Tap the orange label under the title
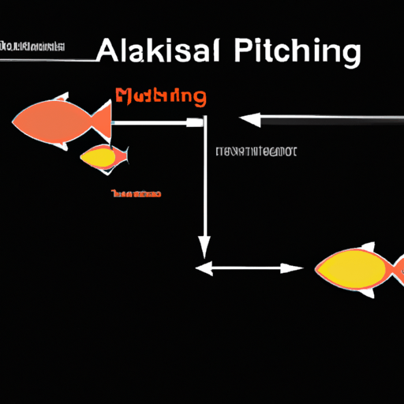pyautogui.click(x=160, y=98)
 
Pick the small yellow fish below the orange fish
pyautogui.click(x=102, y=156)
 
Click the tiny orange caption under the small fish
pyautogui.click(x=136, y=193)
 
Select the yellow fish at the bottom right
pyautogui.click(x=351, y=268)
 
